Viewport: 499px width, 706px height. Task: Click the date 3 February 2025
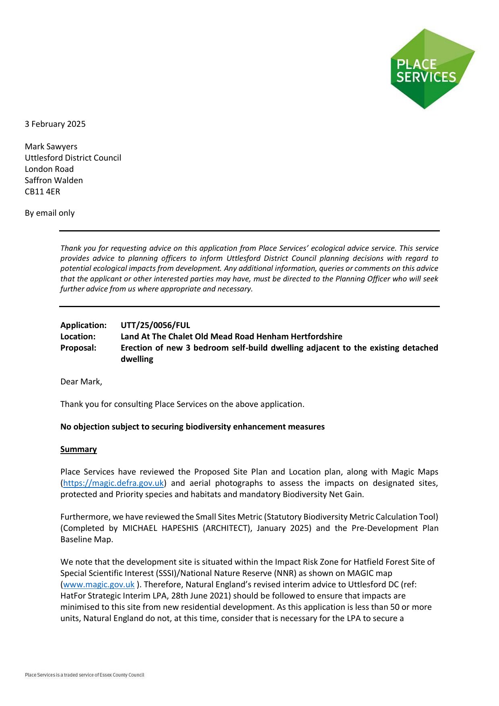coord(55,124)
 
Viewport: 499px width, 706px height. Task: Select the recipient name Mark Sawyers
coord(51,147)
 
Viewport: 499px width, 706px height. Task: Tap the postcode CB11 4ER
coord(42,192)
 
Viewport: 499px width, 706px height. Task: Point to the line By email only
coord(49,213)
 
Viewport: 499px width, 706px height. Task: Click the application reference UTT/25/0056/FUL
coord(155,325)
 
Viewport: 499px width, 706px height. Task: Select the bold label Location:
coord(78,336)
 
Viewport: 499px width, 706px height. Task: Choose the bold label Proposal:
coord(78,348)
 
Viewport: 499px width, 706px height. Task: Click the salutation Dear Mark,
coord(81,382)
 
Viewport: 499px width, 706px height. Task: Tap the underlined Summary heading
coord(78,449)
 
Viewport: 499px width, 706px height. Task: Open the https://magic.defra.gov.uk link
coord(113,483)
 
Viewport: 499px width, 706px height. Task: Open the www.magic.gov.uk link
coord(99,584)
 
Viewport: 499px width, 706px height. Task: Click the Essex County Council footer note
coord(85,675)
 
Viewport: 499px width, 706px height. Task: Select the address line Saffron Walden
coord(54,180)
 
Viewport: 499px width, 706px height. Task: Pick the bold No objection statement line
coord(192,427)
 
